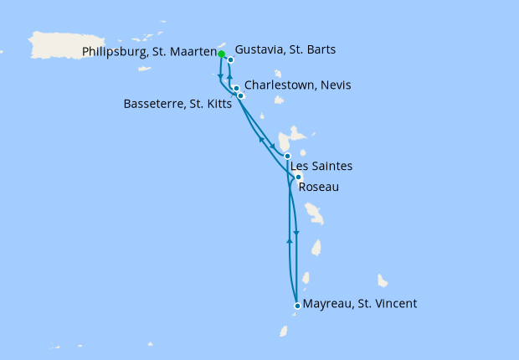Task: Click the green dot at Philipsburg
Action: (x=222, y=54)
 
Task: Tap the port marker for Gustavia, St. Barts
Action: (x=230, y=60)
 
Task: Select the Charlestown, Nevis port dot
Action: (x=237, y=88)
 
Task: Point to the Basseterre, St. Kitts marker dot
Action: (x=240, y=95)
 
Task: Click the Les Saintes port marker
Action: (x=287, y=157)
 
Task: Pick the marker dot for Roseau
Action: (x=298, y=177)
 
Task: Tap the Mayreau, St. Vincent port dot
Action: (x=297, y=305)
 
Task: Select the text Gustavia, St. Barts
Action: (x=285, y=50)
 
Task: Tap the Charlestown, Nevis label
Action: (x=298, y=85)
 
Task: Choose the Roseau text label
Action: (x=319, y=187)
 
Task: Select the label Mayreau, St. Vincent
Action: (x=360, y=304)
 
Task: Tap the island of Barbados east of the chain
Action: (x=383, y=280)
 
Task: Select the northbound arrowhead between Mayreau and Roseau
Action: (x=290, y=240)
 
